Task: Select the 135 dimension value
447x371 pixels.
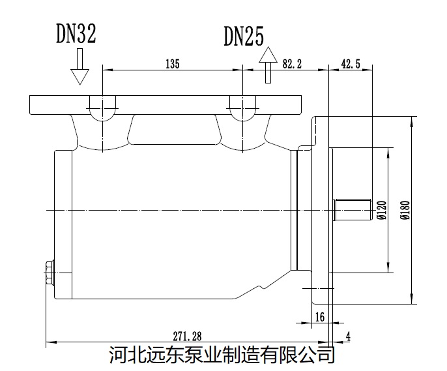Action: click(172, 63)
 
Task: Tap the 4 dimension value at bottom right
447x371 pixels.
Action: click(348, 336)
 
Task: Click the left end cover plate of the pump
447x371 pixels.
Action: click(63, 222)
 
